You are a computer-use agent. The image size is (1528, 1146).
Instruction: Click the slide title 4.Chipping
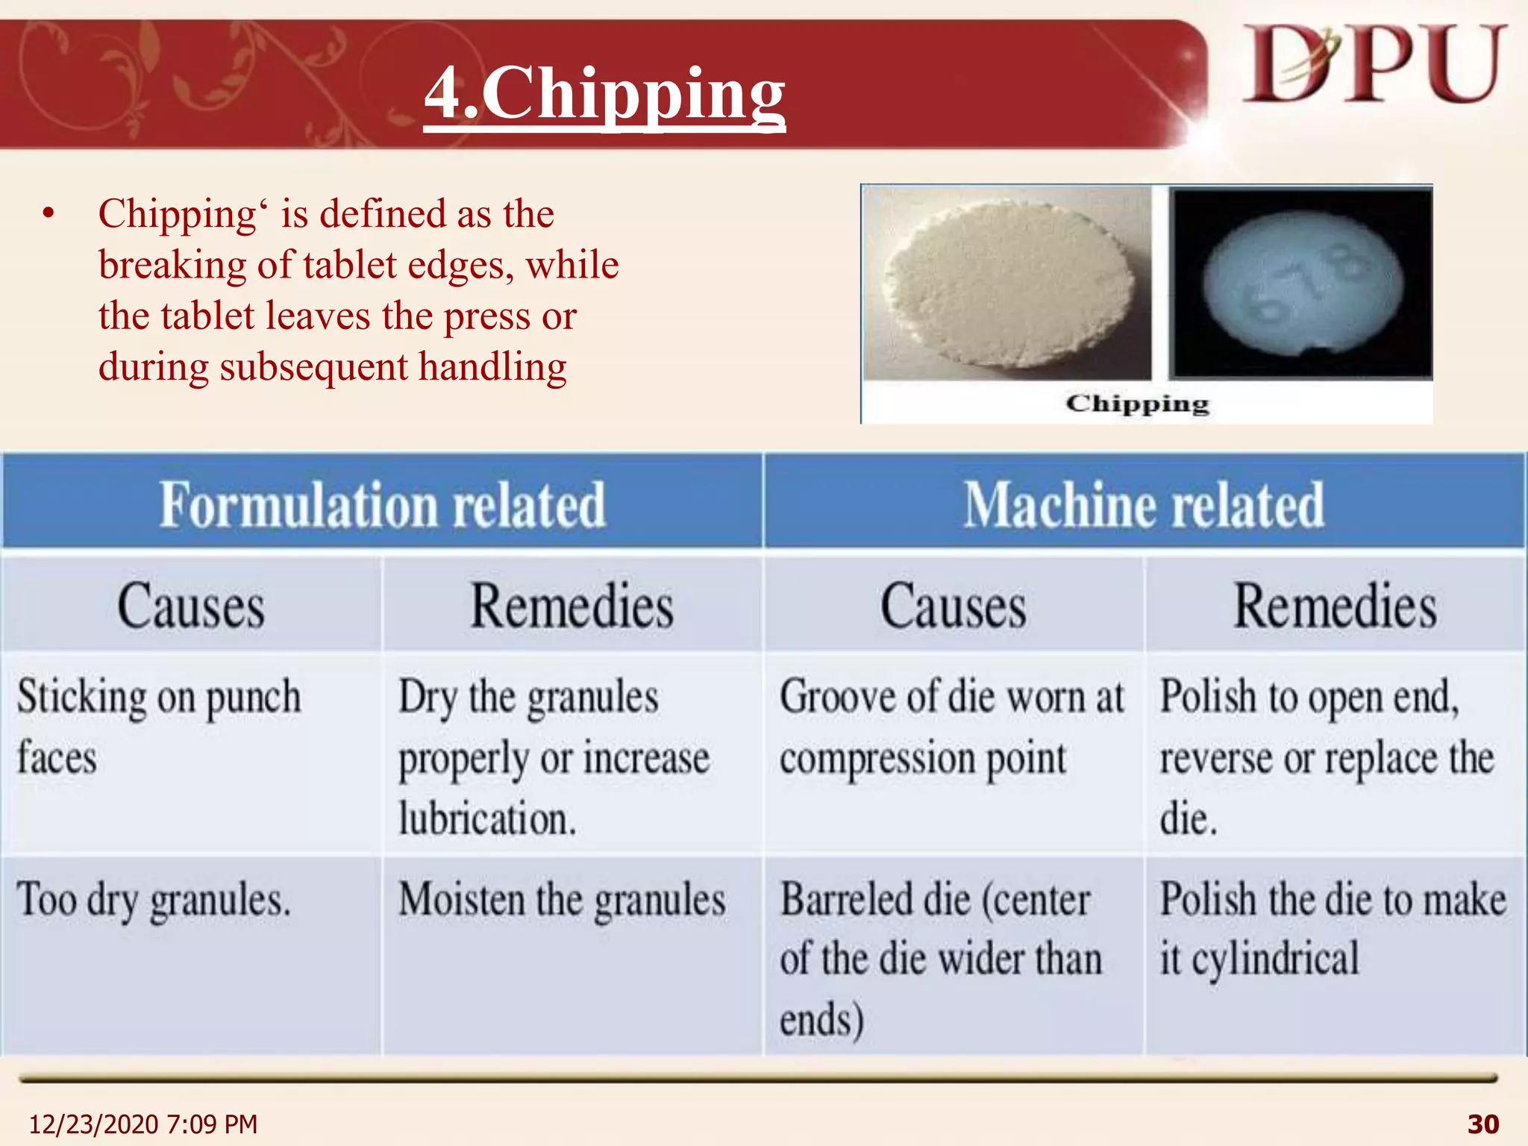(x=604, y=93)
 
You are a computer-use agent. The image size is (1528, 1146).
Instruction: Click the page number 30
(x=1482, y=1124)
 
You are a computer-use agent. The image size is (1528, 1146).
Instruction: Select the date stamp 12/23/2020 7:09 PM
(x=143, y=1124)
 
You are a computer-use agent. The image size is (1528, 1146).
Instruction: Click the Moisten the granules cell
(x=561, y=900)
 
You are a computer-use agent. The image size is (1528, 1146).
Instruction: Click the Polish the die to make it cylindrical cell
(x=1333, y=928)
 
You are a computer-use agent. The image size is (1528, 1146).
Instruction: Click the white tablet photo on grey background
(x=1007, y=284)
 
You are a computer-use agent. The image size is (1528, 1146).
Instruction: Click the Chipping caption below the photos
(x=1137, y=404)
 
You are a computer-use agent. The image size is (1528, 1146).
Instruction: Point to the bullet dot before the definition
(x=49, y=215)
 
